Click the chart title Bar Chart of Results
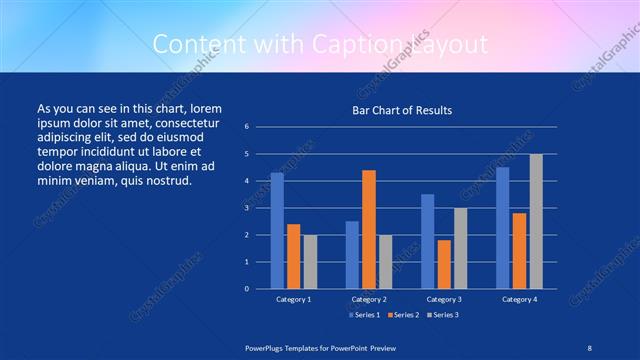click(401, 110)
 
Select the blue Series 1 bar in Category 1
click(277, 230)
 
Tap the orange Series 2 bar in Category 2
click(368, 229)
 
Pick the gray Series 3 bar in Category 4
click(536, 221)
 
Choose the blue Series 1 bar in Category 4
click(502, 227)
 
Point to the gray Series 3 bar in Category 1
click(310, 261)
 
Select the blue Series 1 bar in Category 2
click(352, 254)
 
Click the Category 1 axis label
click(293, 299)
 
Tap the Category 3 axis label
click(443, 299)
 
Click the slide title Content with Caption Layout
click(319, 44)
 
